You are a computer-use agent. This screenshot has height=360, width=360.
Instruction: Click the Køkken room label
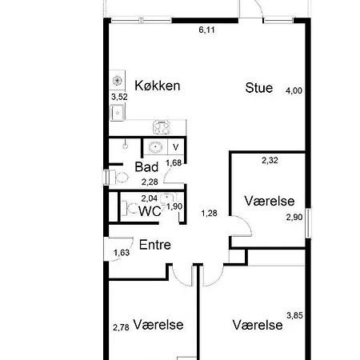pyautogui.click(x=157, y=86)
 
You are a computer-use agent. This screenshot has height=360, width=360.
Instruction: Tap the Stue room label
pyautogui.click(x=259, y=88)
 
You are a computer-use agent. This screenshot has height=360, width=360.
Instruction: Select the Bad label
pyautogui.click(x=146, y=168)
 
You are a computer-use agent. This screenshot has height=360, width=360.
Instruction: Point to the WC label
pyautogui.click(x=150, y=212)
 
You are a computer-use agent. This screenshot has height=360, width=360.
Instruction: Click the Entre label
pyautogui.click(x=155, y=246)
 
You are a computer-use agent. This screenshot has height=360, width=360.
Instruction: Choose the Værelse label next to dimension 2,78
pyautogui.click(x=159, y=325)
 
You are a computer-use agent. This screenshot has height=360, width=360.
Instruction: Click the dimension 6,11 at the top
pyautogui.click(x=207, y=30)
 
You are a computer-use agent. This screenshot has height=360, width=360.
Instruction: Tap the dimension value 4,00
pyautogui.click(x=294, y=90)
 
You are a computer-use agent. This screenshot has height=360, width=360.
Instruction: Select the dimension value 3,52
pyautogui.click(x=119, y=97)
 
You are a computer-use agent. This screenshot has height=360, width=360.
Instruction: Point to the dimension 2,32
pyautogui.click(x=270, y=161)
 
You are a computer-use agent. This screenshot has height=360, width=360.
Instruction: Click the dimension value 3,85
pyautogui.click(x=295, y=315)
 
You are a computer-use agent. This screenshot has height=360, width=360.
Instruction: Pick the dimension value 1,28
pyautogui.click(x=210, y=213)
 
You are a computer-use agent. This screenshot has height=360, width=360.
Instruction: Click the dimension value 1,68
pyautogui.click(x=173, y=163)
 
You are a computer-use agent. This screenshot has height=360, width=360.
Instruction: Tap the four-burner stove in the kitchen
pyautogui.click(x=161, y=127)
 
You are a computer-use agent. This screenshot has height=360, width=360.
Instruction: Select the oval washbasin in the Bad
pyautogui.click(x=154, y=147)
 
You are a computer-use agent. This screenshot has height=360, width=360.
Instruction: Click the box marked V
pyautogui.click(x=176, y=146)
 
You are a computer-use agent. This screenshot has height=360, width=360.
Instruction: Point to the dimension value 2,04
pyautogui.click(x=149, y=198)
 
